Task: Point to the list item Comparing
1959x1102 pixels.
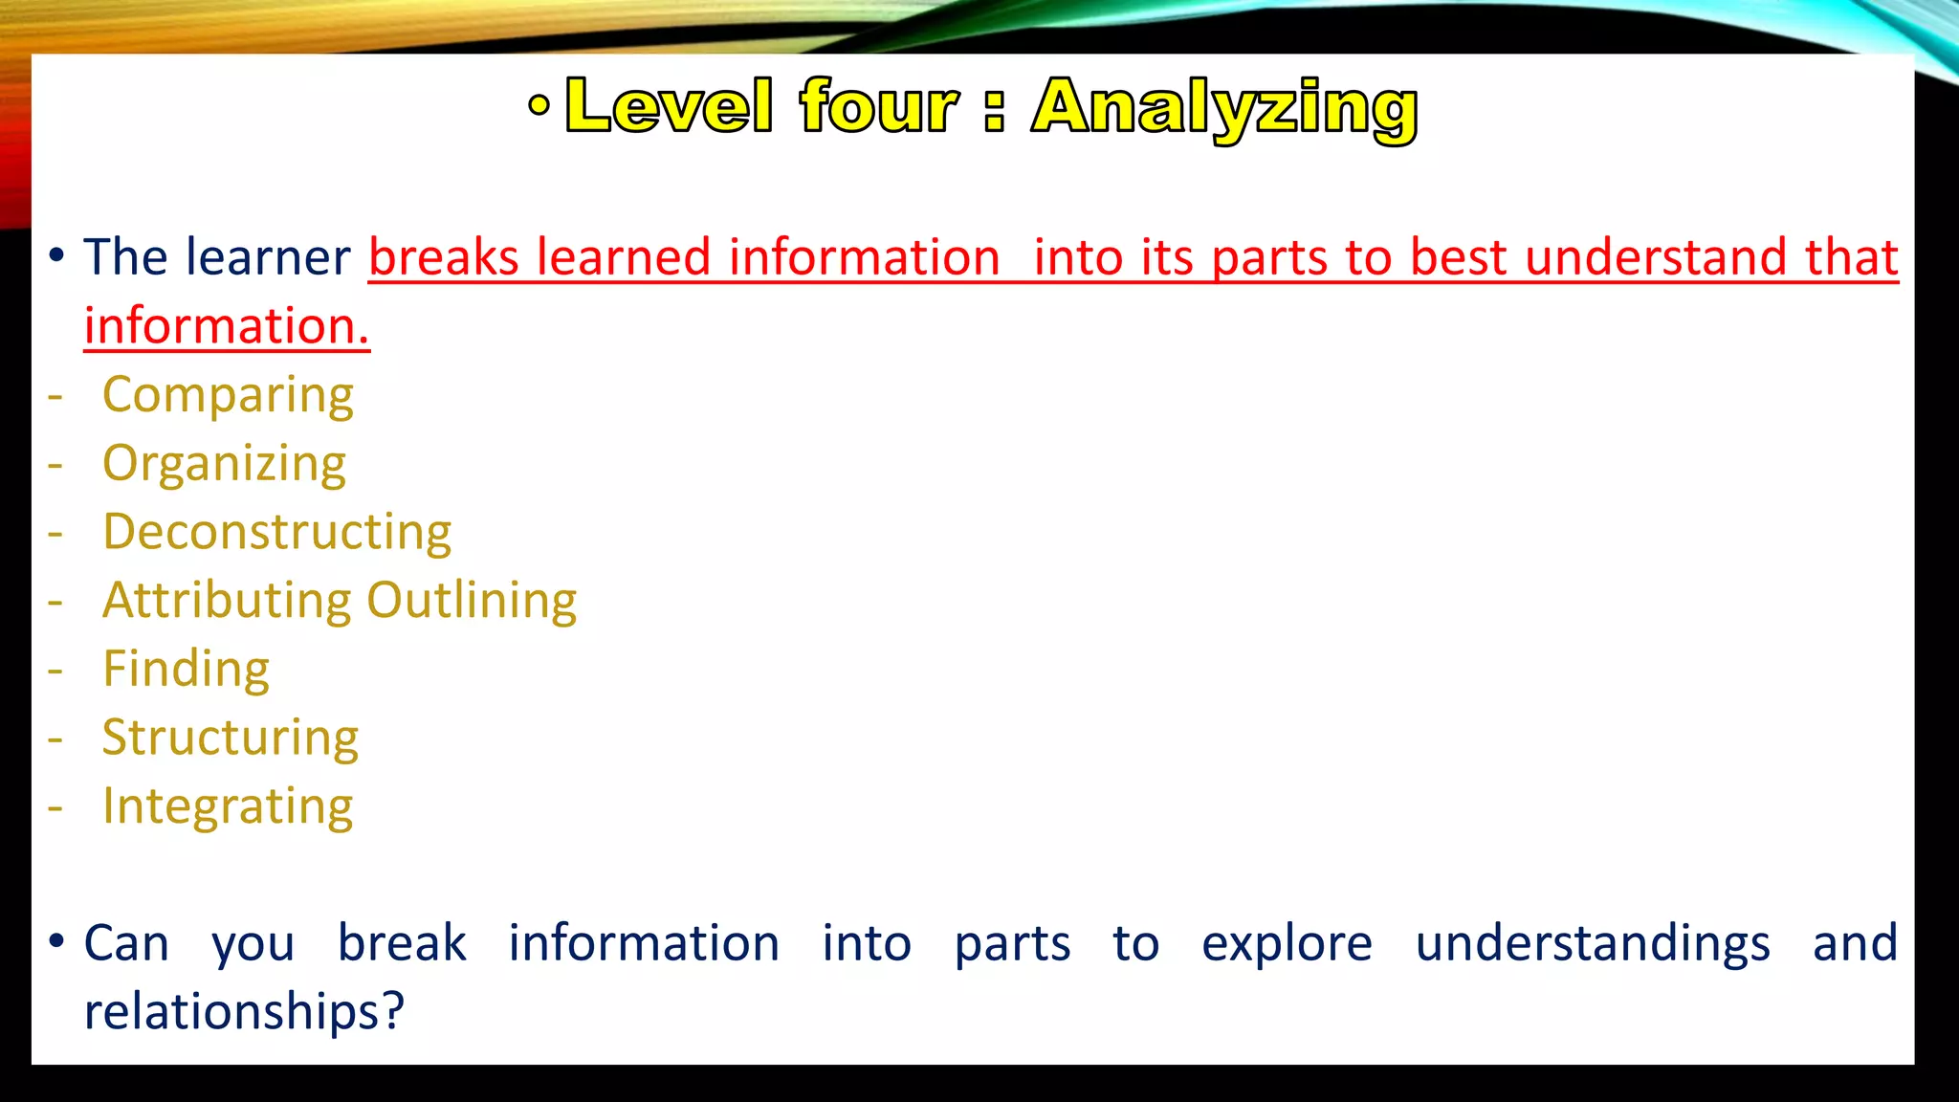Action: tap(228, 395)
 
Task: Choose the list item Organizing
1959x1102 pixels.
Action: tap(224, 464)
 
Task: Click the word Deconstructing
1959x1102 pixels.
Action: tap(277, 532)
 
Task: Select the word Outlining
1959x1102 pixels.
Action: tap(472, 601)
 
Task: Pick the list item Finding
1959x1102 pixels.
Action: tap(186, 669)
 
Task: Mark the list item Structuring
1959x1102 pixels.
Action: tap(231, 738)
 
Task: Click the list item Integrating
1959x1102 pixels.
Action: tap(228, 806)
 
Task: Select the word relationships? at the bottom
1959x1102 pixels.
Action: tap(244, 1011)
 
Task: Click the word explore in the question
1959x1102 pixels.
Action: tap(1287, 944)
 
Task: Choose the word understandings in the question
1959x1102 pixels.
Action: tap(1593, 944)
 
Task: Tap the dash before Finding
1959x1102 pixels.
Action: tap(55, 670)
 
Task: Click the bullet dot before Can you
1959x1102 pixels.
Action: tap(56, 941)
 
